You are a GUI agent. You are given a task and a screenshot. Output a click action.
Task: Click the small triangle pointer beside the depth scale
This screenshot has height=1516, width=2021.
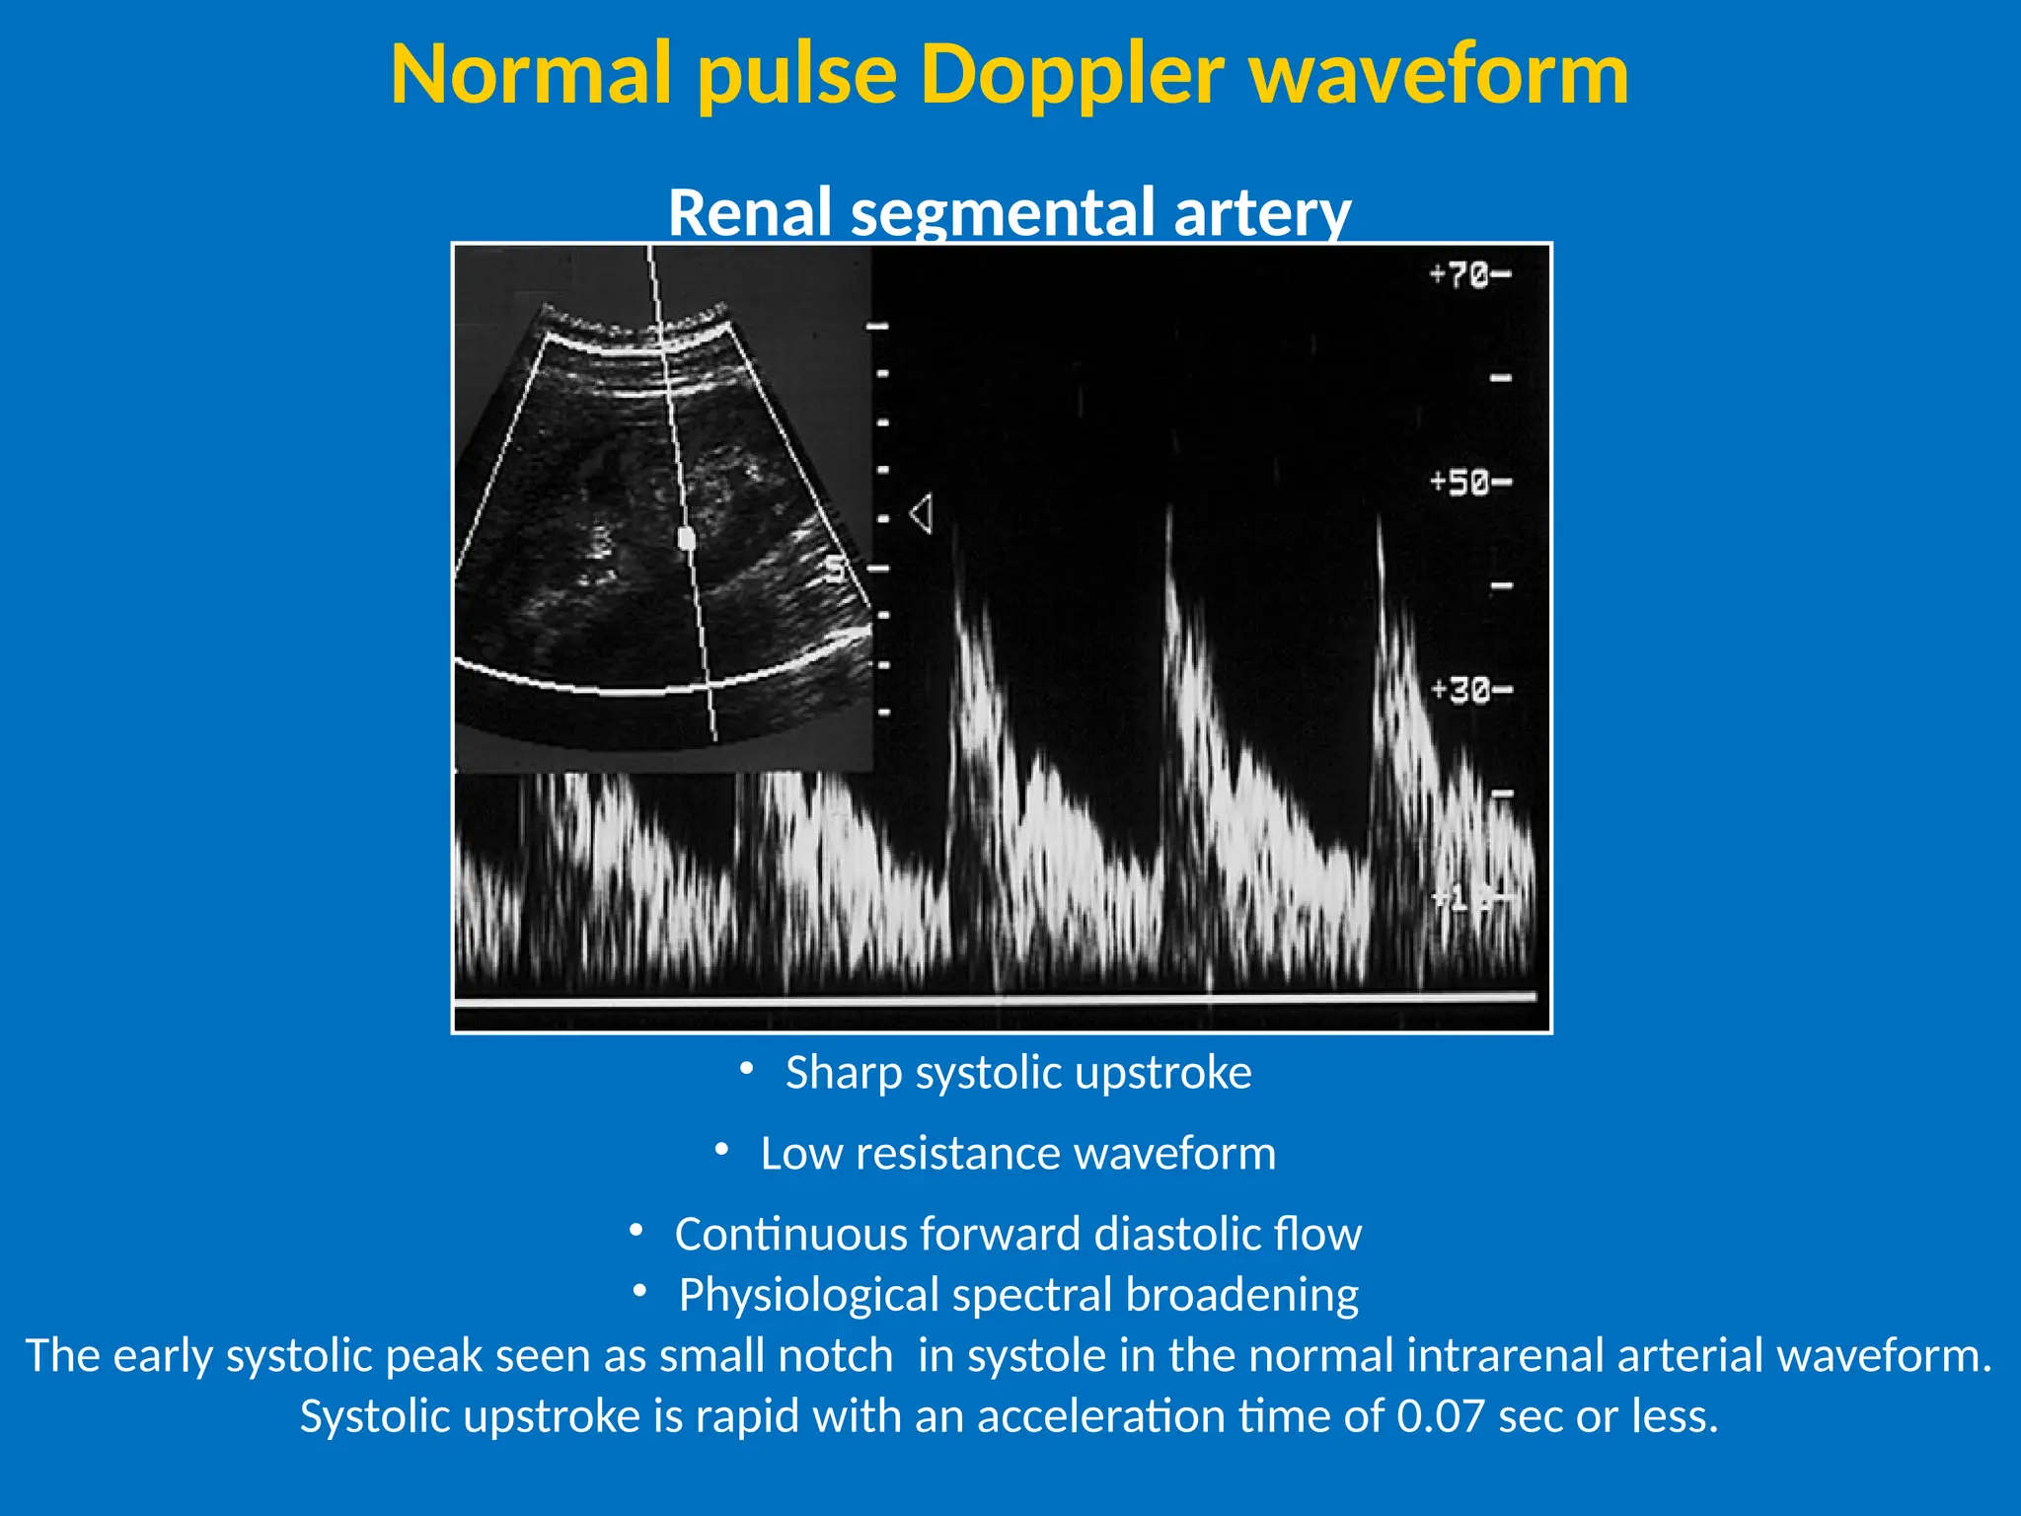pyautogui.click(x=922, y=514)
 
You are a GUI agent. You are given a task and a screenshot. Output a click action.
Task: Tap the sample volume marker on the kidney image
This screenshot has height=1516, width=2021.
pyautogui.click(x=687, y=538)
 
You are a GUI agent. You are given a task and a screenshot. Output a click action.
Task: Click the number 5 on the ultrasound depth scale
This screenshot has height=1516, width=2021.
pyautogui.click(x=836, y=569)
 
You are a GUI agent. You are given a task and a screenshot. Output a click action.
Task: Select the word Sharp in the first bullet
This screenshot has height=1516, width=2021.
pyautogui.click(x=844, y=1073)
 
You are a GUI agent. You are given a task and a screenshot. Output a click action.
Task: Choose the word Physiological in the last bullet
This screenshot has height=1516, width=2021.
pyautogui.click(x=808, y=1296)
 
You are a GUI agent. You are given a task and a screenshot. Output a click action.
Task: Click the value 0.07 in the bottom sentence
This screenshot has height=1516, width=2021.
pyautogui.click(x=1441, y=1417)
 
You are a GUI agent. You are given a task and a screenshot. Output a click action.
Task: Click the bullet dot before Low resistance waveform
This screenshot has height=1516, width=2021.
pyautogui.click(x=721, y=1151)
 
